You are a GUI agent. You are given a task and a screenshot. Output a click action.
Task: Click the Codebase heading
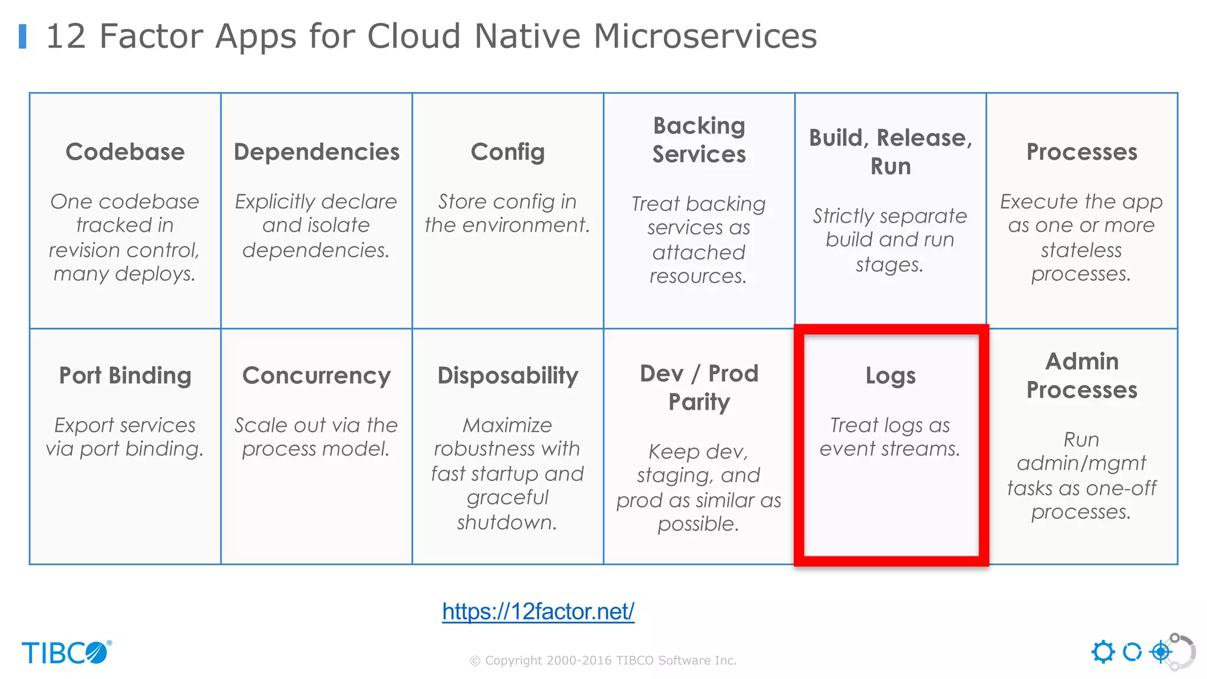point(125,152)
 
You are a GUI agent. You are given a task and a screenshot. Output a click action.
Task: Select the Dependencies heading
point(316,152)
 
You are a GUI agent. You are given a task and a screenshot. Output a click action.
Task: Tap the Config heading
point(507,152)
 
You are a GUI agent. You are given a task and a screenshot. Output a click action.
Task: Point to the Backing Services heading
point(699,140)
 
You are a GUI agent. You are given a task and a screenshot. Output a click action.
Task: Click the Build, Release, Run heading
point(891,152)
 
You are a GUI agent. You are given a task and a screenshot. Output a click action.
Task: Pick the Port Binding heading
point(125,375)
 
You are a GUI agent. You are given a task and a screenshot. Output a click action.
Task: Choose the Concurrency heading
point(316,375)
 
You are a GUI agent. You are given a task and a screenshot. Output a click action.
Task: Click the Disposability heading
point(507,375)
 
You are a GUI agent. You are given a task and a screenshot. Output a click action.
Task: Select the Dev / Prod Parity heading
point(699,387)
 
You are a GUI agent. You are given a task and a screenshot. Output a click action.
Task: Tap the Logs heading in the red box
point(891,375)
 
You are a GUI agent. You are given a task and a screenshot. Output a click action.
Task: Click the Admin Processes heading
point(1081,375)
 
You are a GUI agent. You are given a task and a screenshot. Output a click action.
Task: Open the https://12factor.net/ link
point(538,611)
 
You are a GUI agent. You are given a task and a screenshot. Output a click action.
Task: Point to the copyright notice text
point(603,661)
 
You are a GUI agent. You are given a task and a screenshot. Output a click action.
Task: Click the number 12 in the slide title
point(65,36)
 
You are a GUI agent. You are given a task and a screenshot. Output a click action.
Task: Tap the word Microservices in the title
point(705,36)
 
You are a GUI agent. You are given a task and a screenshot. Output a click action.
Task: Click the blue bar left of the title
point(23,36)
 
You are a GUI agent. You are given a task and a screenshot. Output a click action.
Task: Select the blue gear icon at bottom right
point(1103,652)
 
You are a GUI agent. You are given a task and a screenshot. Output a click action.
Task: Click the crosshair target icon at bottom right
point(1161,652)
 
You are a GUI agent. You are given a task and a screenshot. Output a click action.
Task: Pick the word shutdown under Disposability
point(506,523)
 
